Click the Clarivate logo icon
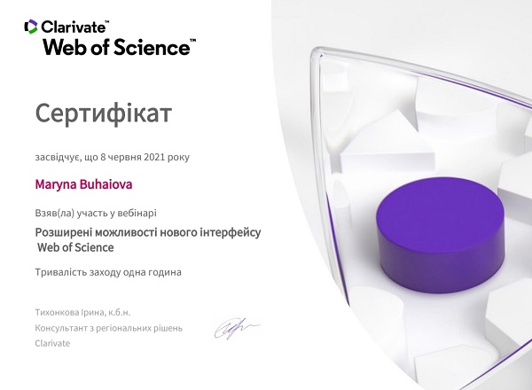pyautogui.click(x=30, y=27)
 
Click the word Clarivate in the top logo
pyautogui.click(x=73, y=27)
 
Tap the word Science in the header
pyautogui.click(x=152, y=47)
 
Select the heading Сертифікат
pyautogui.click(x=104, y=113)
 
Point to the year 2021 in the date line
pyautogui.click(x=154, y=158)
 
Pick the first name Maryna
pyautogui.click(x=56, y=185)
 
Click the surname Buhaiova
pyautogui.click(x=106, y=184)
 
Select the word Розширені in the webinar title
pyautogui.click(x=64, y=232)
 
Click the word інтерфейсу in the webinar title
pyautogui.click(x=231, y=232)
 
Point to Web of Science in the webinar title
pyautogui.click(x=75, y=247)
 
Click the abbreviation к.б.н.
pyautogui.click(x=120, y=313)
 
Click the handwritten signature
pyautogui.click(x=237, y=328)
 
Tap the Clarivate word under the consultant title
pyautogui.click(x=52, y=343)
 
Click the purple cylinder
pyautogui.click(x=440, y=234)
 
